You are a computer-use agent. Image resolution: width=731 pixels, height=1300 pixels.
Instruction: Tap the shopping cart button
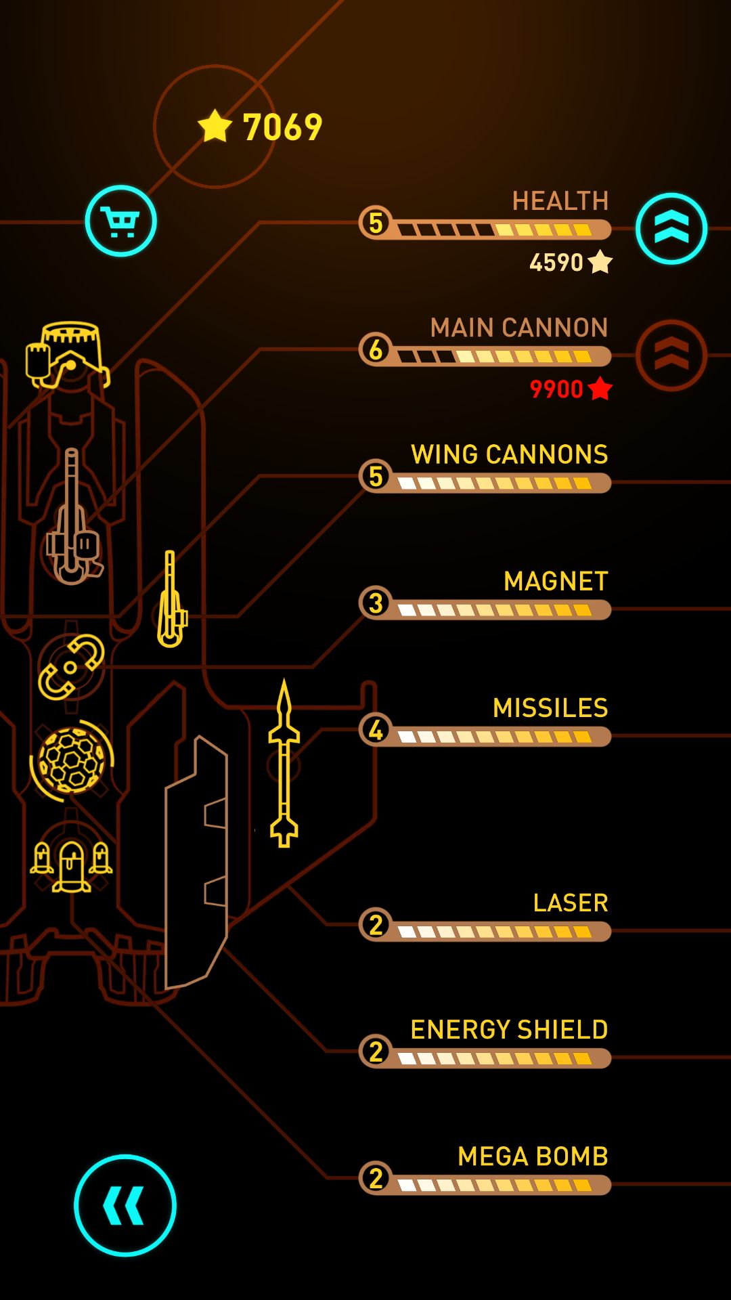(120, 221)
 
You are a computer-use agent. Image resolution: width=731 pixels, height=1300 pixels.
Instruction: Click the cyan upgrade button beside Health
(671, 229)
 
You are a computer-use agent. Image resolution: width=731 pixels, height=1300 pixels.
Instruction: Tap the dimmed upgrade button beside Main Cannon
(671, 355)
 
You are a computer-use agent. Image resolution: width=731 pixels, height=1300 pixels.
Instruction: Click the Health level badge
(376, 222)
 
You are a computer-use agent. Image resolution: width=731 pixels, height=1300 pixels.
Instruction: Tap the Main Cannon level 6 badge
(376, 349)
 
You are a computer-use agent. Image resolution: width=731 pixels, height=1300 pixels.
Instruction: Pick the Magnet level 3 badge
(376, 603)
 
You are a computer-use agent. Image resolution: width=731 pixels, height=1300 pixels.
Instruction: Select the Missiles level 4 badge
(376, 730)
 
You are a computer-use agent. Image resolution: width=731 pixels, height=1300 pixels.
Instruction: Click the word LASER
(571, 903)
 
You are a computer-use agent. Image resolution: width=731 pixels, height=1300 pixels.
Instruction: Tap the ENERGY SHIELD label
(509, 1029)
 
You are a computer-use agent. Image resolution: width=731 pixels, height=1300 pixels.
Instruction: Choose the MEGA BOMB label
(533, 1156)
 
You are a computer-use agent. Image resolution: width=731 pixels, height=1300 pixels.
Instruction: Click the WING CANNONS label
(509, 454)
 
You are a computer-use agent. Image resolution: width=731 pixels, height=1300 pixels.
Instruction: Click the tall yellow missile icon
(284, 763)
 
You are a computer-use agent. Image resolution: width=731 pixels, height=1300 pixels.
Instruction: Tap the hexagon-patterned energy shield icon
(72, 760)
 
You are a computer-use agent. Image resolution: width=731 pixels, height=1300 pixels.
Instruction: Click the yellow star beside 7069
(215, 126)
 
